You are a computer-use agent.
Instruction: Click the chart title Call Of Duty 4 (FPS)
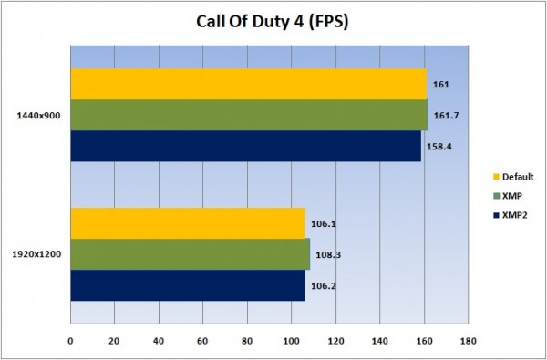273,21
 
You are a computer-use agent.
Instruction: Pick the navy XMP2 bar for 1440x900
245,145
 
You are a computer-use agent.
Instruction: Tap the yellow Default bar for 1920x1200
188,223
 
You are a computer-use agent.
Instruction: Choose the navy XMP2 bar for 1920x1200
188,284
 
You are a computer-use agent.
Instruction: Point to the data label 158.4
437,145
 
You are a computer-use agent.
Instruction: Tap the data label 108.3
325,254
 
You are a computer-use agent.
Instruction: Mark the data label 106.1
321,223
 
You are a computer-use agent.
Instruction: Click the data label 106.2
321,284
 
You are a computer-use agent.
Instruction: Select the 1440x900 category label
38,116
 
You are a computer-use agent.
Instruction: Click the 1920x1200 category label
38,254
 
